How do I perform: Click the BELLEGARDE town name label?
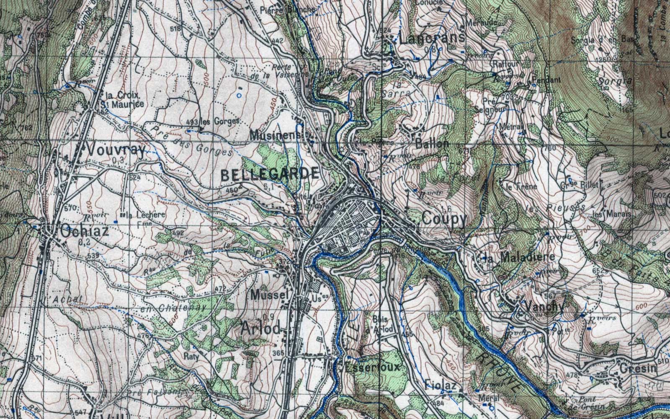coord(269,175)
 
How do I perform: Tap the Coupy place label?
coord(444,219)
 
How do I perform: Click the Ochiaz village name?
coord(84,231)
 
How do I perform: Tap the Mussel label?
coord(270,295)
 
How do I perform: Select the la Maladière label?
coord(518,257)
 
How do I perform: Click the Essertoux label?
coord(372,367)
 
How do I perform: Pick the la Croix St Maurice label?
coord(125,100)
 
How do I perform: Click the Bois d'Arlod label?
coord(381,325)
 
